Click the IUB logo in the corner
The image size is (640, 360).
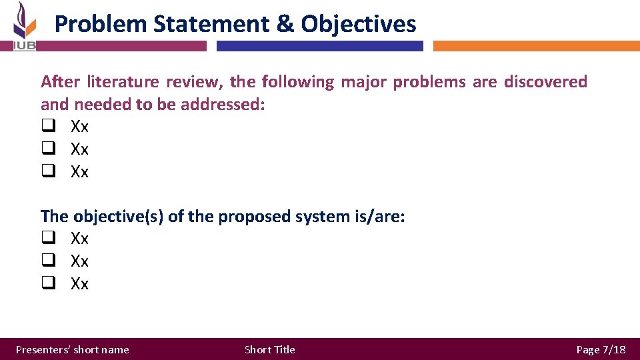click(24, 27)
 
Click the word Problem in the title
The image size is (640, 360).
click(100, 24)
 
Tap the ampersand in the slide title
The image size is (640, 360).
click(284, 24)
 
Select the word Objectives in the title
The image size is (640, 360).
click(359, 24)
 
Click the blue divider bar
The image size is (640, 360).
click(320, 46)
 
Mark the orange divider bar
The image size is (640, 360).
click(536, 46)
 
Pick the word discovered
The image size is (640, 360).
click(545, 82)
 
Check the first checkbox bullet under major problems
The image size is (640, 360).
click(47, 127)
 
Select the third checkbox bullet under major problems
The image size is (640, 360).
click(47, 172)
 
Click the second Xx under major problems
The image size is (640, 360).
click(79, 149)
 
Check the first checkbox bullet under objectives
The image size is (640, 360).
click(47, 239)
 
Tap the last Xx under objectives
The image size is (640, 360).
click(79, 284)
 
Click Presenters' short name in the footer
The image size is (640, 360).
click(73, 349)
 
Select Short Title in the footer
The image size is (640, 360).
click(269, 349)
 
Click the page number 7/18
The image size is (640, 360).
click(613, 349)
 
